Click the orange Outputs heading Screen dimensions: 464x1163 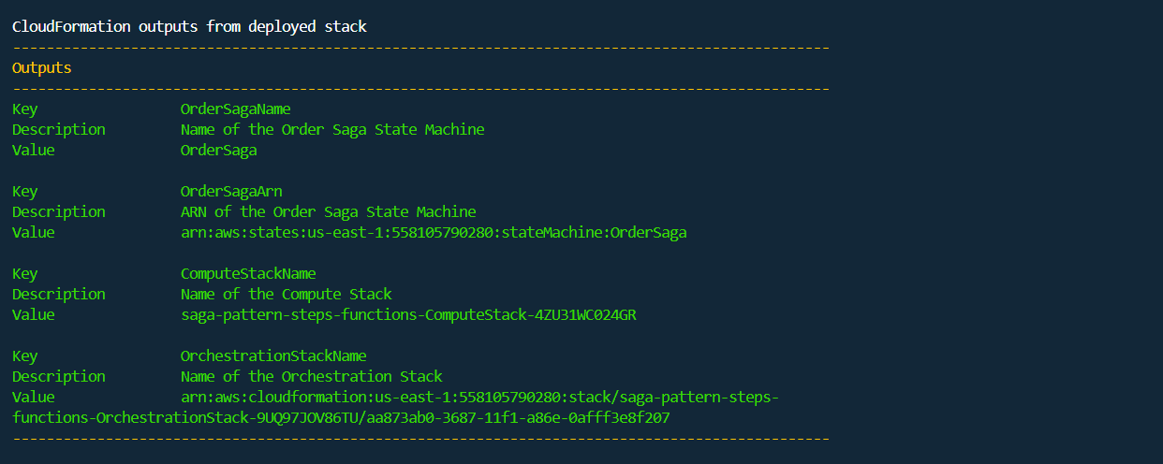coord(41,68)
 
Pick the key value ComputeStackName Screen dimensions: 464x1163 coord(247,274)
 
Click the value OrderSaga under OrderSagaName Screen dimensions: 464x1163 coord(218,151)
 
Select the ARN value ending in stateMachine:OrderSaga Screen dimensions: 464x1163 coord(433,233)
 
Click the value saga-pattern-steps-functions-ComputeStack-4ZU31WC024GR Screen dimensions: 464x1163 coord(407,315)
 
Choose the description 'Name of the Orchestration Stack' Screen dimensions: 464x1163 coord(311,377)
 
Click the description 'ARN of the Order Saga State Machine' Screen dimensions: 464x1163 coord(328,212)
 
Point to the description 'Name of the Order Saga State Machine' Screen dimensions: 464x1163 coord(331,130)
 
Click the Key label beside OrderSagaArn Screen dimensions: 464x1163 coord(24,192)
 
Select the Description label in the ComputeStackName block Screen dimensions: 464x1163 coord(58,295)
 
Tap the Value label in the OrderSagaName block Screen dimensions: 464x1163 coord(33,151)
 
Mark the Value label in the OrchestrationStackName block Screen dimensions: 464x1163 coord(33,398)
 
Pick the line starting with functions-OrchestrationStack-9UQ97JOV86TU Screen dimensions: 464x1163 coord(341,418)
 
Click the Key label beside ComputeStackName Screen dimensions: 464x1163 coord(24,274)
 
